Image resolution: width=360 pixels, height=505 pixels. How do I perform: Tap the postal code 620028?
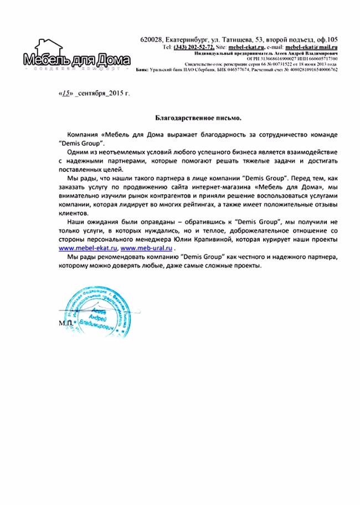coord(151,39)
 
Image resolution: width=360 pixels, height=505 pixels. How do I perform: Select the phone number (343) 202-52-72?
coord(194,48)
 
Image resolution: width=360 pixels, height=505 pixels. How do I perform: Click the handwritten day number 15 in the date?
coord(65,94)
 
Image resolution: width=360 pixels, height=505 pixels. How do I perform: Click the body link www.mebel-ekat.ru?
coord(88,248)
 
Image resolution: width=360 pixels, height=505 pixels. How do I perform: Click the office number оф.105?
coord(325,39)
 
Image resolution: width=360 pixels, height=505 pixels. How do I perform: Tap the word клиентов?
coord(72,213)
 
